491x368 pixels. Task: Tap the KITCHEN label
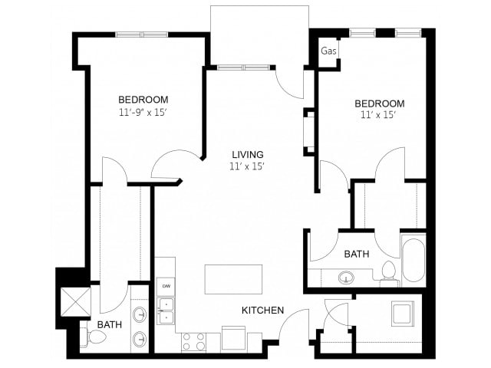(263, 310)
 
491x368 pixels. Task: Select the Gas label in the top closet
(329, 51)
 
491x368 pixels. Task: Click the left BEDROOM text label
(143, 100)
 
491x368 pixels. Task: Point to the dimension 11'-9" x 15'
(143, 113)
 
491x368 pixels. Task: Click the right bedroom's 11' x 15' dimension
(379, 116)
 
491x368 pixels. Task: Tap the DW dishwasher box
(166, 285)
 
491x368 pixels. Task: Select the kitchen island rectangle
(233, 279)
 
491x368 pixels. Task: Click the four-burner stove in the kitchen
(193, 341)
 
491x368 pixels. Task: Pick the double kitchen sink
(166, 310)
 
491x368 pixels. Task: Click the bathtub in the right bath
(413, 261)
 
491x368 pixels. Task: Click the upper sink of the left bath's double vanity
(140, 314)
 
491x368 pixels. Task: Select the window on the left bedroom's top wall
(142, 34)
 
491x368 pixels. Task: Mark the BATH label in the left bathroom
(109, 325)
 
